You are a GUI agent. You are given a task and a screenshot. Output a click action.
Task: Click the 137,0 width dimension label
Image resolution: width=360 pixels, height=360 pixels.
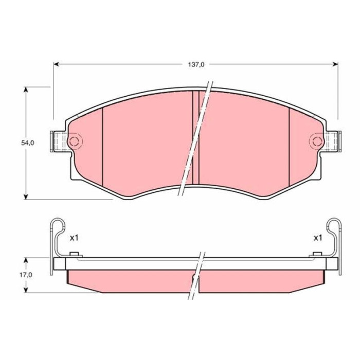tap(196, 65)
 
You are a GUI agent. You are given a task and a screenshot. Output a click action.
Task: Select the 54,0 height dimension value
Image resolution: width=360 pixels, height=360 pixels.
tap(28, 143)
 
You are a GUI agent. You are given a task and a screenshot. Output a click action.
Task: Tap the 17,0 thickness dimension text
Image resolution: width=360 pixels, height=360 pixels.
tap(26, 275)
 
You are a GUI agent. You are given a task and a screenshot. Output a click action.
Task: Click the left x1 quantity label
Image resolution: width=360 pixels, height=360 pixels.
tap(74, 238)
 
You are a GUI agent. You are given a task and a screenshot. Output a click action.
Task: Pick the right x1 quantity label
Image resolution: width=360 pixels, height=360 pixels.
tap(318, 238)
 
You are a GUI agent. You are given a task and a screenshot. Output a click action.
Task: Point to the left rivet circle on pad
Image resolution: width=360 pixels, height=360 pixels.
tap(74, 141)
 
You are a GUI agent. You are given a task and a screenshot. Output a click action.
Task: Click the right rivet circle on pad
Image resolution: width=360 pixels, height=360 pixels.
tap(317, 141)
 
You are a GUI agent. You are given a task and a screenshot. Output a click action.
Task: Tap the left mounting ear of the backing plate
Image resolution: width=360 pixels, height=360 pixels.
tap(59, 141)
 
